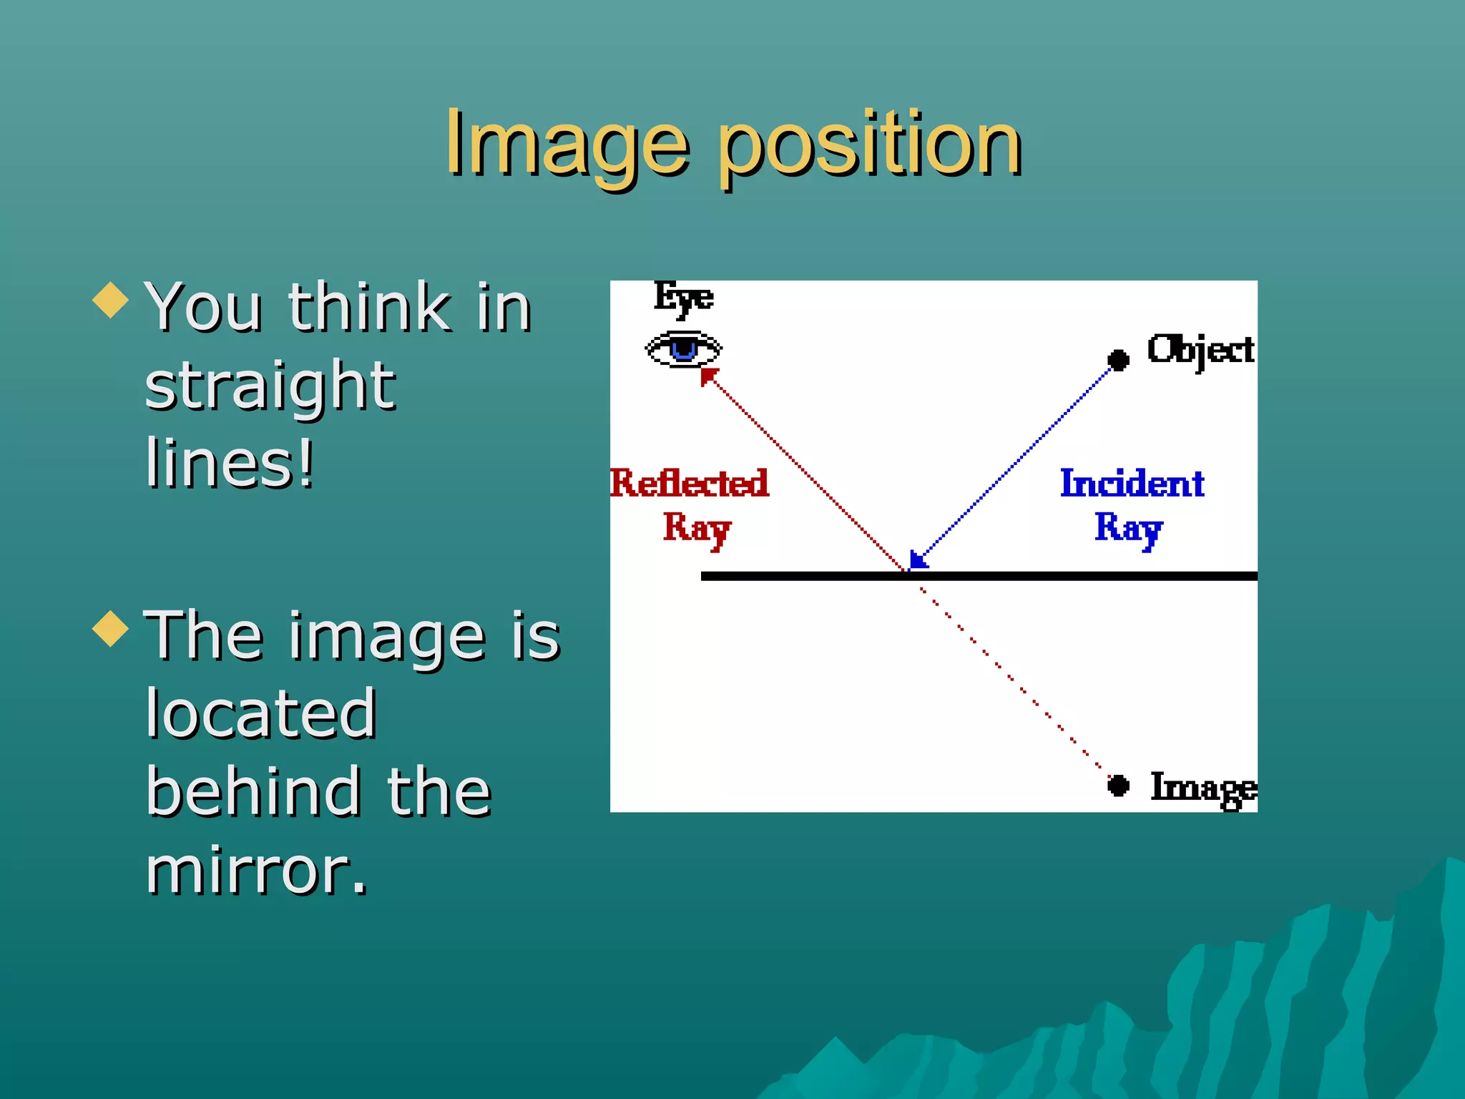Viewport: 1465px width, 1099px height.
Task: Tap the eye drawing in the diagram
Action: tap(683, 349)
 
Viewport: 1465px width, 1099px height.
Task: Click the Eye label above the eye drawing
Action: tap(683, 297)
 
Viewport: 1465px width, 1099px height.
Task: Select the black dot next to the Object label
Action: tap(1118, 359)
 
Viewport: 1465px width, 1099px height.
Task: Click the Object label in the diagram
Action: tap(1200, 351)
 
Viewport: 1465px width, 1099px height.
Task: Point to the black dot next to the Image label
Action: tap(1118, 786)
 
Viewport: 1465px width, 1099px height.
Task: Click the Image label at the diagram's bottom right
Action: tap(1203, 788)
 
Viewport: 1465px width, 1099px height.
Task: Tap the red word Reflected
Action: tap(690, 484)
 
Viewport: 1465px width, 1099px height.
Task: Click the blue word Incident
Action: tap(1132, 484)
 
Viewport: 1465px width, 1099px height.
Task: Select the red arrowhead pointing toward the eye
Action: tap(707, 376)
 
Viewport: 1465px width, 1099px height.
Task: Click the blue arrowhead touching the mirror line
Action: tap(917, 560)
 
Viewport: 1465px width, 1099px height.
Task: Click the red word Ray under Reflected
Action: tap(696, 529)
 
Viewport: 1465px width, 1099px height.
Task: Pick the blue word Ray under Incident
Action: tap(1128, 529)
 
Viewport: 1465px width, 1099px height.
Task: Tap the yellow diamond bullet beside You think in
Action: tap(111, 300)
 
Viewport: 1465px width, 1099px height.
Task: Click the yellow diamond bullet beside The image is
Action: tap(111, 628)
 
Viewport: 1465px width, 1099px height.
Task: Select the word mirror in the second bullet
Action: tap(256, 871)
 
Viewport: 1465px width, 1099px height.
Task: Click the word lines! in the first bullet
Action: tap(230, 464)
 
